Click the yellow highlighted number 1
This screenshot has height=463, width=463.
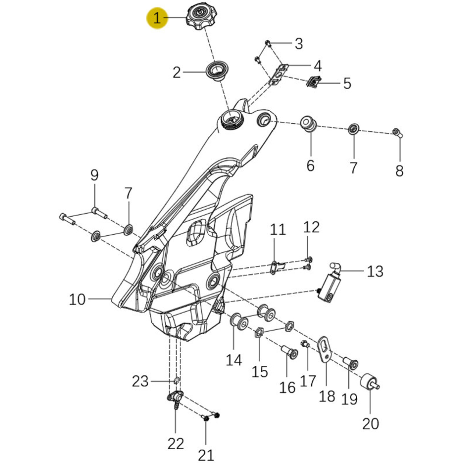[x=157, y=19]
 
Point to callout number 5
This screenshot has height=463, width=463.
[x=347, y=83]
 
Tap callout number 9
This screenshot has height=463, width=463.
[x=94, y=175]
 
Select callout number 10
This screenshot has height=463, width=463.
[x=77, y=299]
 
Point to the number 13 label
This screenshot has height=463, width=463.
[x=375, y=271]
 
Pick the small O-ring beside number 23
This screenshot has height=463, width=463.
[x=176, y=381]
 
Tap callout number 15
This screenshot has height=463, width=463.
[x=260, y=372]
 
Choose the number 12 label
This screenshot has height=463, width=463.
[x=311, y=227]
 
